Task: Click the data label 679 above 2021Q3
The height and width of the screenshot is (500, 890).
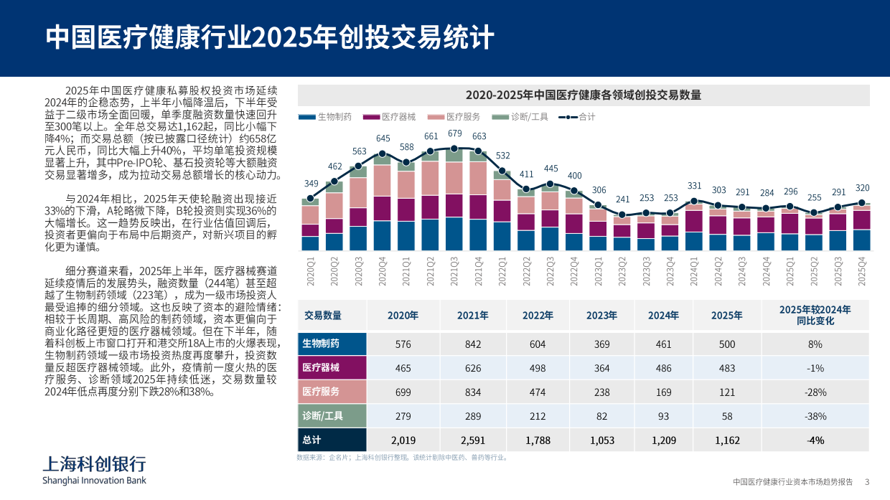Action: click(455, 133)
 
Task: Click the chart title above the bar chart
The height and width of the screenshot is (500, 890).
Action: click(583, 95)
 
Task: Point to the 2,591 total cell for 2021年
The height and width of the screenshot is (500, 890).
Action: click(472, 440)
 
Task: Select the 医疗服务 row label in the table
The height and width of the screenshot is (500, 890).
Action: click(321, 392)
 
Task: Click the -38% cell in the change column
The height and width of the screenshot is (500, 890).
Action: click(815, 416)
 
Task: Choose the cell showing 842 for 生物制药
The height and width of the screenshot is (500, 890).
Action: click(472, 344)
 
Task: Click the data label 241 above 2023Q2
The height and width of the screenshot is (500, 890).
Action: click(623, 199)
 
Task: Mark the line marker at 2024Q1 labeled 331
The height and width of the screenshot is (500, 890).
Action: click(695, 202)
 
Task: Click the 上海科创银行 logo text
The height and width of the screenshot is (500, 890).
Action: click(94, 463)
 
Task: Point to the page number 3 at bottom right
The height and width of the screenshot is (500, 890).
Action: click(867, 481)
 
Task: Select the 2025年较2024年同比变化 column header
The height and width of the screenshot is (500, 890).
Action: click(815, 315)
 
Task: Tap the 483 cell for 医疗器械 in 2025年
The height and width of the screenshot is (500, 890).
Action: click(726, 368)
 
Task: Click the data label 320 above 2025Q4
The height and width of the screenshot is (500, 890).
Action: click(862, 188)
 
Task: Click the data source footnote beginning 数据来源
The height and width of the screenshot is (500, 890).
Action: click(402, 457)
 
